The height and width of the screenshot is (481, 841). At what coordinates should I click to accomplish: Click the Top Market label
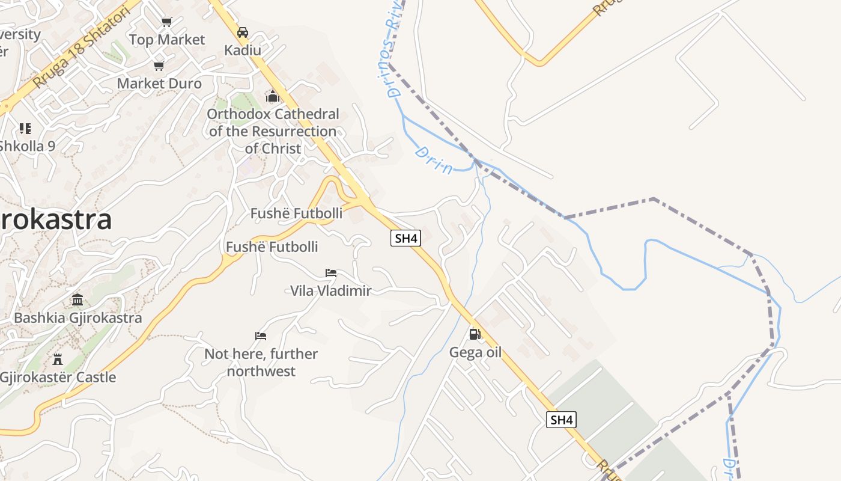click(167, 40)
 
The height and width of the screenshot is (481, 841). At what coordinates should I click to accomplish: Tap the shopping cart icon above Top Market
click(166, 22)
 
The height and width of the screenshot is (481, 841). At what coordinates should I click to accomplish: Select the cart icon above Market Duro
click(159, 66)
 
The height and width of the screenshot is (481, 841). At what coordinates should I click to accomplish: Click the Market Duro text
click(159, 83)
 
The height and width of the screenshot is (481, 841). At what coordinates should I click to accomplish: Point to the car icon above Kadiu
click(243, 32)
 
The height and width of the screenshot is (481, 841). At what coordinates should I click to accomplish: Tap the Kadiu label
click(243, 50)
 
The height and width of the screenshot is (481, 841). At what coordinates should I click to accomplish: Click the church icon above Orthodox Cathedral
click(273, 96)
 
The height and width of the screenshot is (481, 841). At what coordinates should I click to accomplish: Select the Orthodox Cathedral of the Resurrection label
click(273, 131)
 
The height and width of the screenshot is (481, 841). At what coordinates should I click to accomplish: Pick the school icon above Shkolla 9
click(25, 128)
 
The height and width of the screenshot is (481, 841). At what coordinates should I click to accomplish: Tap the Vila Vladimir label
click(331, 290)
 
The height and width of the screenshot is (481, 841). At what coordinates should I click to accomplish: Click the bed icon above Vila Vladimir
click(331, 273)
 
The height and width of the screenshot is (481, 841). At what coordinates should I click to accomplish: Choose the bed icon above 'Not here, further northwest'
click(261, 335)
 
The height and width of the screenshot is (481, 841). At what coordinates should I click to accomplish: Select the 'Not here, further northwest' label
click(261, 362)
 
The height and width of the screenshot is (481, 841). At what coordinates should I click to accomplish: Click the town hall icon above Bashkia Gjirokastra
click(77, 299)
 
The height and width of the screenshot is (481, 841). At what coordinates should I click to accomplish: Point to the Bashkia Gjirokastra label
click(77, 317)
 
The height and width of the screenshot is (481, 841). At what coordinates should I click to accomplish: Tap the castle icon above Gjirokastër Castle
click(58, 360)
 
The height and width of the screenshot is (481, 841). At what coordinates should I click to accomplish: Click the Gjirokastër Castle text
click(58, 378)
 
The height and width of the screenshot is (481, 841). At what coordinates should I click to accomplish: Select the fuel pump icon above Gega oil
click(475, 334)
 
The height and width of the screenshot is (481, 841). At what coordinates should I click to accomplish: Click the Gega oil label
click(475, 352)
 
